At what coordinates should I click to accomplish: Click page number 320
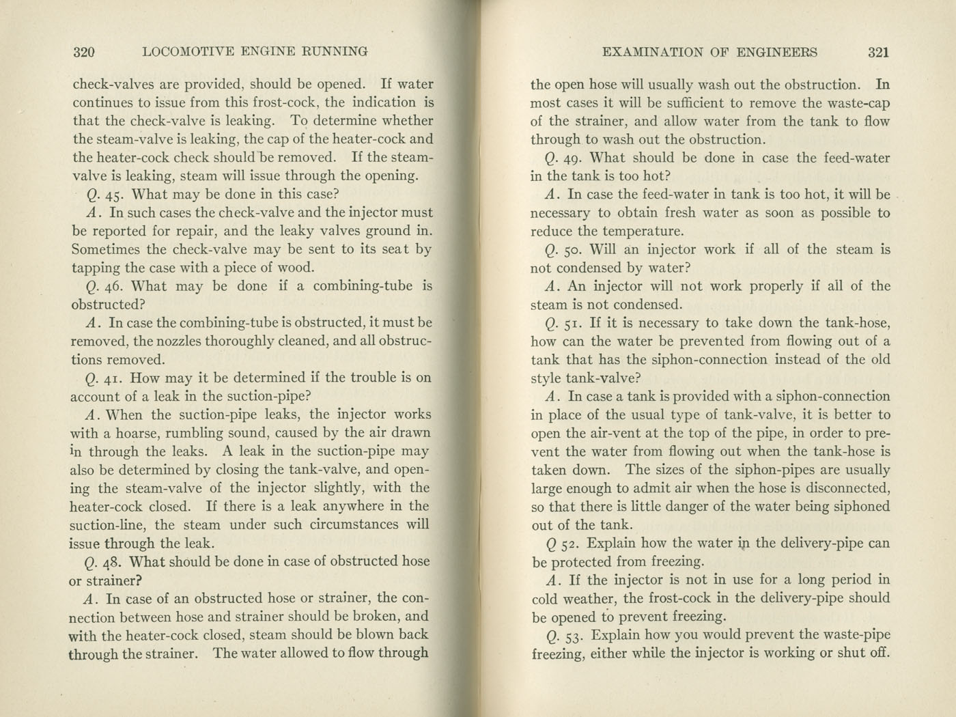coord(83,52)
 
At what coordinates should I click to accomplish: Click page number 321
coord(878,53)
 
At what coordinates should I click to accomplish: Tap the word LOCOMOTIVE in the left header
coord(184,52)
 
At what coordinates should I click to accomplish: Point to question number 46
coord(109,287)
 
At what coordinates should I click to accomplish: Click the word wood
coord(298,268)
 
